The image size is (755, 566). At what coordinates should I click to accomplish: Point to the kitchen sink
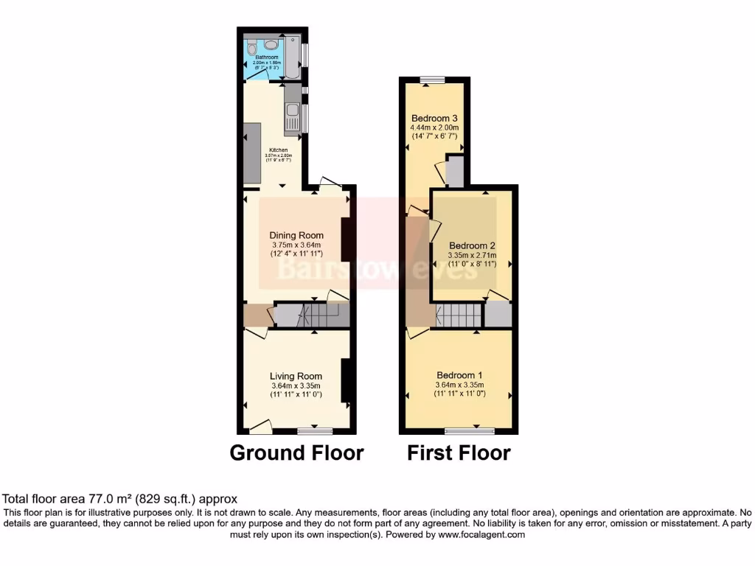[292, 114]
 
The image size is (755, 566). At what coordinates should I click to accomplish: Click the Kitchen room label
[279, 150]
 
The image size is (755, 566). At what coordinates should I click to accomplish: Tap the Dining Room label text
[296, 236]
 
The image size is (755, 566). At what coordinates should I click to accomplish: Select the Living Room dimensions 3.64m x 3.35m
[295, 385]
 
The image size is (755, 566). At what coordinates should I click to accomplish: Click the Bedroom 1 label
[460, 374]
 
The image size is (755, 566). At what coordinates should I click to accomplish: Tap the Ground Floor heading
[296, 453]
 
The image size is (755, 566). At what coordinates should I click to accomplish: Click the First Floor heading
[459, 453]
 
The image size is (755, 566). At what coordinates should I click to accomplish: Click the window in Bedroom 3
[432, 79]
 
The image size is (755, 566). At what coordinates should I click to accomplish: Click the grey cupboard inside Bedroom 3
[455, 172]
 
